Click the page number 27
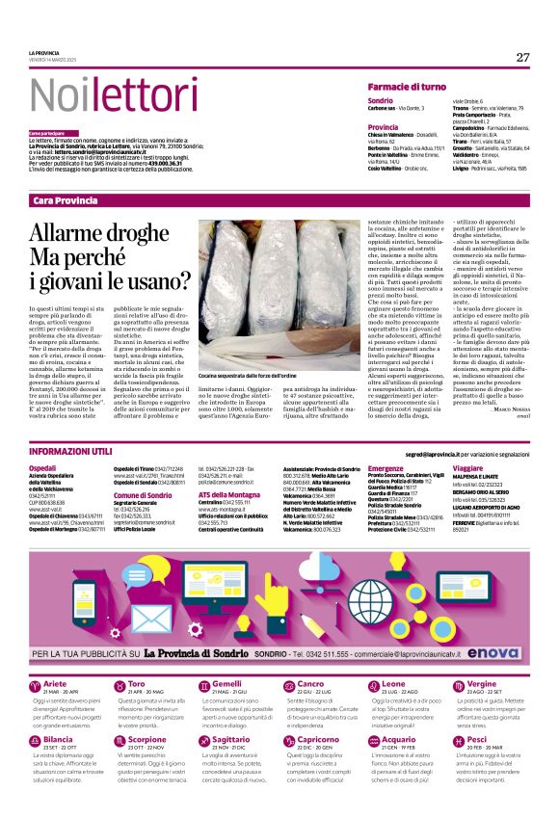pyautogui.click(x=522, y=57)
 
